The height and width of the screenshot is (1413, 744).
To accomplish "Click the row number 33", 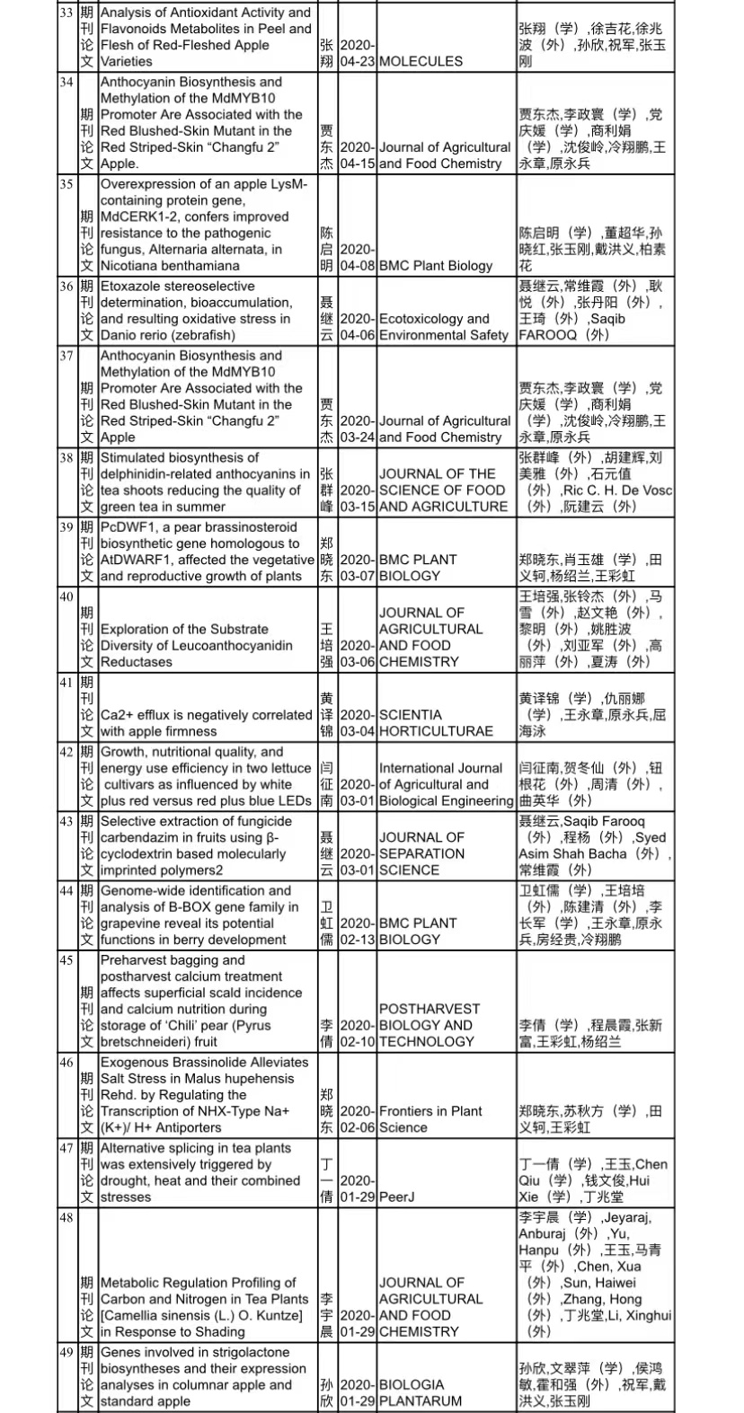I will coord(66,13).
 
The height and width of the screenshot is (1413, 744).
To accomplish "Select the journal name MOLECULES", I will coord(421,61).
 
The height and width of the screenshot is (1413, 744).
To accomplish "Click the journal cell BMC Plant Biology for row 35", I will coord(436,266).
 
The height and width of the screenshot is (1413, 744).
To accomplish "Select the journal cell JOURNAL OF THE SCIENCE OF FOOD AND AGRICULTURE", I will coord(443,490).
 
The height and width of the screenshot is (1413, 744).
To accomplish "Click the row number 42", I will coord(66,752).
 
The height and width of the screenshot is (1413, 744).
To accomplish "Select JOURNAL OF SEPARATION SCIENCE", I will coord(421,853).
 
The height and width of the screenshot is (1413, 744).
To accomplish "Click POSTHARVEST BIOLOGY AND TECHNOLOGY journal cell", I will coord(430,1025).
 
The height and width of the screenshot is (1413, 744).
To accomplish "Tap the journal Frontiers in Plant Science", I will coord(430,1119).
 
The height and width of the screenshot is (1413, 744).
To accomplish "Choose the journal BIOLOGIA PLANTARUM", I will coord(421,1392).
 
